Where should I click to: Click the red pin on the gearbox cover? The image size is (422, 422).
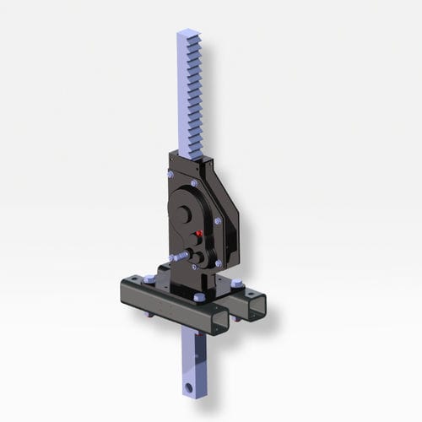200,232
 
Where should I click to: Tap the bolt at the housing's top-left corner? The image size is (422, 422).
170,174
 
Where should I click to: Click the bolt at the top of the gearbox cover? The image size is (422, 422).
195,183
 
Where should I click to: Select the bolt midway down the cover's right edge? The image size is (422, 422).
218,221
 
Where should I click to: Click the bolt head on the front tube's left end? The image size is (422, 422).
149,279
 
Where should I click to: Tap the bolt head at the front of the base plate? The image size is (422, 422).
198,297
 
